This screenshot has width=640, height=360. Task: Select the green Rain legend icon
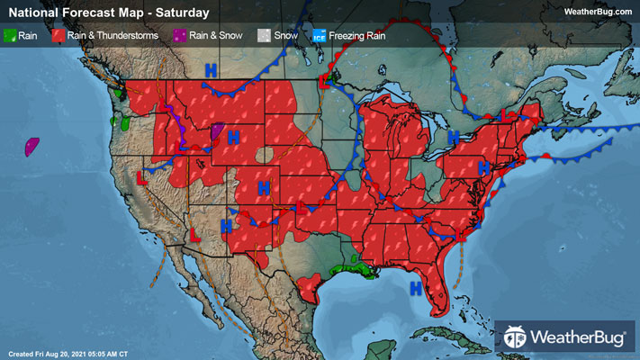point(11,35)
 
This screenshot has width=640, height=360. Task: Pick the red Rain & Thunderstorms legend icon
point(57,35)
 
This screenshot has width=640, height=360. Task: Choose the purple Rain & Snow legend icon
point(179,35)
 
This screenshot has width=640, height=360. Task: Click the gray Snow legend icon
point(264,35)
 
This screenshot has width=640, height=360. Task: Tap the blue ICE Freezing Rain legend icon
point(318,35)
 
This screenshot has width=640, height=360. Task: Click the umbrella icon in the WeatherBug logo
point(515,338)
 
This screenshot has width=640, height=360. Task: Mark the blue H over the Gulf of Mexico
point(416,288)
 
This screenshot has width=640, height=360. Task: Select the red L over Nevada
point(141,176)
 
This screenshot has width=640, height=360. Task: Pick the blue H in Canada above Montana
point(211,69)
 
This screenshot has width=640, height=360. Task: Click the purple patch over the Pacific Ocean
point(33,145)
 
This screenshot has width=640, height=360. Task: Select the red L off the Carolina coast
point(463,235)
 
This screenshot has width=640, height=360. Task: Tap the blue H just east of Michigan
point(454,137)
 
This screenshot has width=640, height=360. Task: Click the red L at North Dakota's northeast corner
point(325,82)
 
